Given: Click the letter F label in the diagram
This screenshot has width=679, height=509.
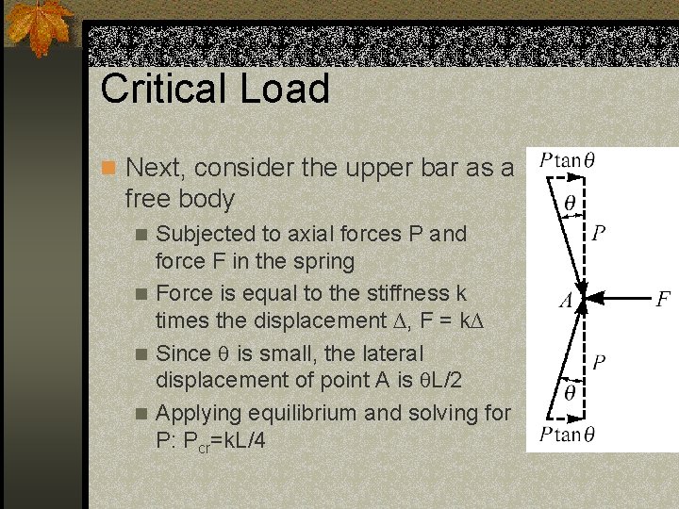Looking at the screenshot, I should pyautogui.click(x=664, y=300).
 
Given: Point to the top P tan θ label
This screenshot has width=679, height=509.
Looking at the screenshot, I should pyautogui.click(x=566, y=159).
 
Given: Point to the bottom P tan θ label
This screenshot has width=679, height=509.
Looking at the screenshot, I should pyautogui.click(x=566, y=435).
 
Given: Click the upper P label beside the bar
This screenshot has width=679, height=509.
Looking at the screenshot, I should pyautogui.click(x=599, y=232).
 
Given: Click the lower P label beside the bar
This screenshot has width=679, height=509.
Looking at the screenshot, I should pyautogui.click(x=599, y=362).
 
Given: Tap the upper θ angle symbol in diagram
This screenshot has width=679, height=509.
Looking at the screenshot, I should pyautogui.click(x=570, y=202).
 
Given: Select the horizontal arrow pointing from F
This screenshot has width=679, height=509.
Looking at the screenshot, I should pyautogui.click(x=623, y=301).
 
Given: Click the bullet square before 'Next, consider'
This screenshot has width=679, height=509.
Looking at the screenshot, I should pyautogui.click(x=108, y=169).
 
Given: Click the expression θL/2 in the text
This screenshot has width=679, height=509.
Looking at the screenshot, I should pyautogui.click(x=400, y=380).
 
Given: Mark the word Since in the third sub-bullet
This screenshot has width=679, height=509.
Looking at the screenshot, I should pyautogui.click(x=182, y=353).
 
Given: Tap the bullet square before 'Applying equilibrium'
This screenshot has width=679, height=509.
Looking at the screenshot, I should pyautogui.click(x=141, y=414).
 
